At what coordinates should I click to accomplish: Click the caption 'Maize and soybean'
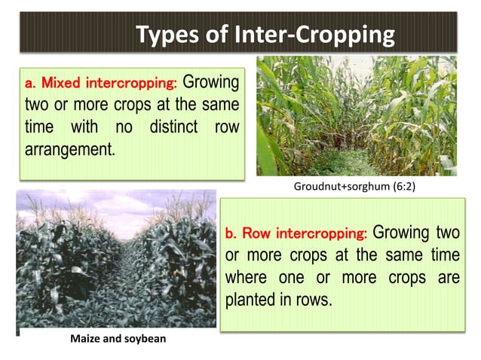click(118, 339)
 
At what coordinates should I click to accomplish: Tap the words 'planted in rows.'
click(278, 299)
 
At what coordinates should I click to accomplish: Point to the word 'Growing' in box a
click(212, 81)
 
